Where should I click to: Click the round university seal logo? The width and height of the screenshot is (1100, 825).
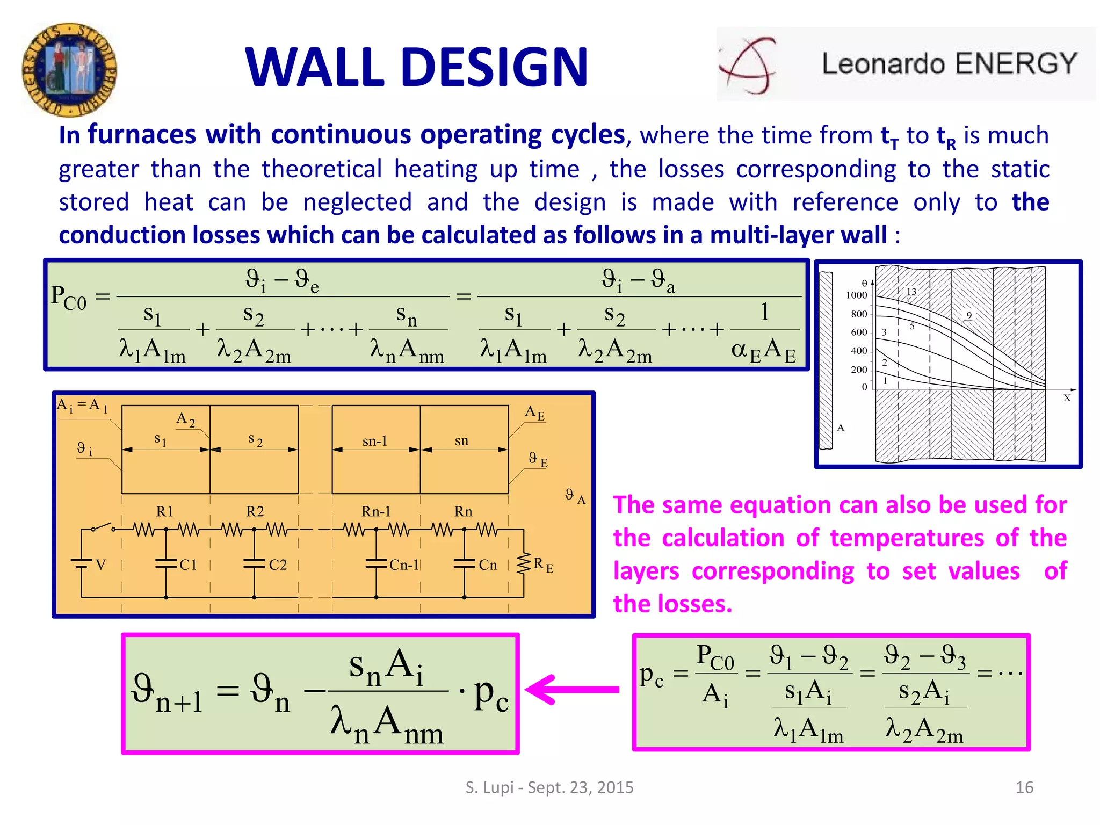[69, 70]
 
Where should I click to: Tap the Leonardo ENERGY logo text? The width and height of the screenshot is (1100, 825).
[949, 64]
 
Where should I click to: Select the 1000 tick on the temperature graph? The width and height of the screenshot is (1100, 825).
[856, 295]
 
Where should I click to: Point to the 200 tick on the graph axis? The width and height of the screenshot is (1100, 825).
[859, 370]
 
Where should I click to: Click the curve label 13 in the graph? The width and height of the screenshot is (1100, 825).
[911, 292]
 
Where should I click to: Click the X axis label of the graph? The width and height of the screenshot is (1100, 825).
[1067, 398]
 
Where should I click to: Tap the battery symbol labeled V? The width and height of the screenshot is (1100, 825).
[82, 563]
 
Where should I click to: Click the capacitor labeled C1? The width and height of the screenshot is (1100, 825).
[166, 563]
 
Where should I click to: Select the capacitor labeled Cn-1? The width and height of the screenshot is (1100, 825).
[376, 563]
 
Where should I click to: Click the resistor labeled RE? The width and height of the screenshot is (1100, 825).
[523, 563]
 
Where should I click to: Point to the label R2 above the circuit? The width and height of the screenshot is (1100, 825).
[255, 511]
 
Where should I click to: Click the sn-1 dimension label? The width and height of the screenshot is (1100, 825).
[374, 442]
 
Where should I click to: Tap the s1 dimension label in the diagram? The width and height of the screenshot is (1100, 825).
[160, 440]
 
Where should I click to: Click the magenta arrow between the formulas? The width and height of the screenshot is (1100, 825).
[572, 689]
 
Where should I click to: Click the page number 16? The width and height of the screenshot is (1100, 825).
[1024, 787]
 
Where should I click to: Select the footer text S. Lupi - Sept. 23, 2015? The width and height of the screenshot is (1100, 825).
[549, 787]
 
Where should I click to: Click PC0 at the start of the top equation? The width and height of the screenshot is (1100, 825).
[68, 297]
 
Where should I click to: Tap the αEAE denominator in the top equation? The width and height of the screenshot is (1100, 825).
[763, 350]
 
